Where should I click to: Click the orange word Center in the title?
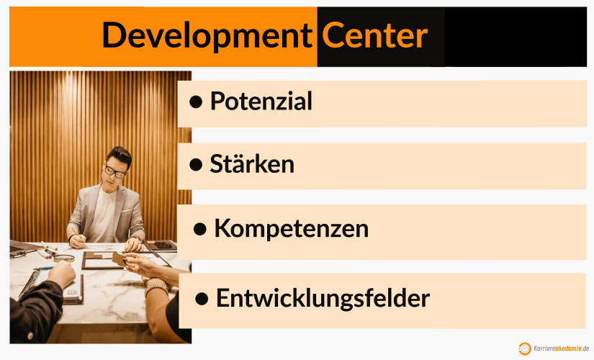374,35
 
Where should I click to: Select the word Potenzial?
261,102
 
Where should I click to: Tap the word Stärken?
252,164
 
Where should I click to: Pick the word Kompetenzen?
291,229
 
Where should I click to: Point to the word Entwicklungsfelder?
323,297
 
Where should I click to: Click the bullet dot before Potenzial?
195,102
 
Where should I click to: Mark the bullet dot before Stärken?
195,165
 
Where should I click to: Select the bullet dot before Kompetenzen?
201,230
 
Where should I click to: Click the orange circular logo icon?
525,348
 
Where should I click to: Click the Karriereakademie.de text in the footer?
562,348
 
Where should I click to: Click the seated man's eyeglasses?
114,172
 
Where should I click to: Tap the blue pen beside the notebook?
43,269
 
